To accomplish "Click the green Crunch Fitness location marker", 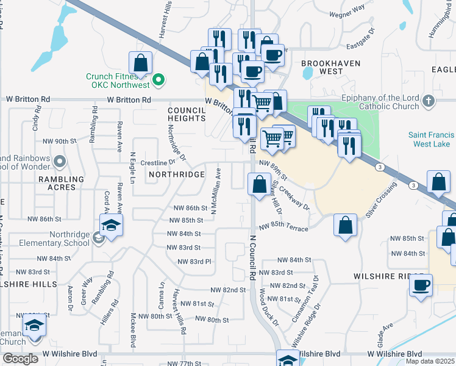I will click(159, 79).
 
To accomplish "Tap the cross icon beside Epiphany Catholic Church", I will click(429, 101).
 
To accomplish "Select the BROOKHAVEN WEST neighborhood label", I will click(331, 68).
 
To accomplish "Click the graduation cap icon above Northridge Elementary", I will click(111, 226).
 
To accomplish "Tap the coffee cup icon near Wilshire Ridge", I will click(421, 285).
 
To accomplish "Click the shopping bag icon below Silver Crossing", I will click(346, 225).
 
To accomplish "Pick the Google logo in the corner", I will click(20, 359).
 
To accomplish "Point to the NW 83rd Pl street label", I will click(194, 262).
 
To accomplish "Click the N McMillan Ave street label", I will click(215, 192).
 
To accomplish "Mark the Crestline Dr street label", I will click(154, 163).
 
